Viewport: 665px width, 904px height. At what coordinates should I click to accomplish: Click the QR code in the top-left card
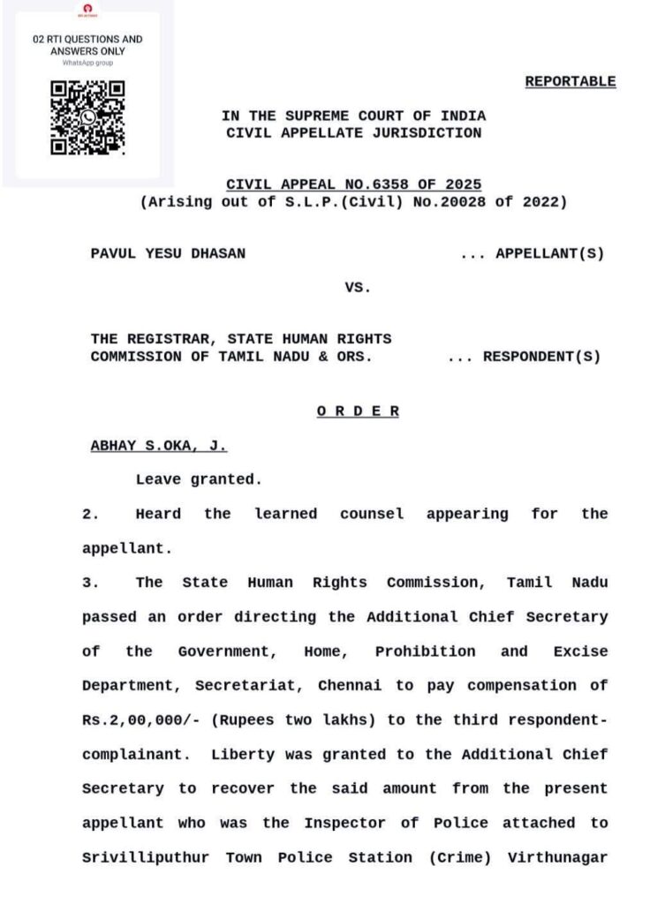pos(87,118)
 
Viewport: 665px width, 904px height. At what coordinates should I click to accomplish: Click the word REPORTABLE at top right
pos(571,81)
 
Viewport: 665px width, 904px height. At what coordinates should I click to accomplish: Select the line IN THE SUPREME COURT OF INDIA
pos(353,117)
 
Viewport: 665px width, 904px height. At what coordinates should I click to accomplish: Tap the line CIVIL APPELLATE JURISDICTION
pos(353,133)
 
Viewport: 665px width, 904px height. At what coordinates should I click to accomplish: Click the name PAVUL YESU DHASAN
pos(169,253)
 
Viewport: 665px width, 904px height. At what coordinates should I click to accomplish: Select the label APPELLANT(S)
pos(550,253)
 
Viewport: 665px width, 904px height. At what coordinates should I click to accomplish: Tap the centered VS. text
pos(358,287)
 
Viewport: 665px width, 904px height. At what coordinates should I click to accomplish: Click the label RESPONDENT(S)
pos(541,357)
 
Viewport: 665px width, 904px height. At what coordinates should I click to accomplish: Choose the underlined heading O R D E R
pos(358,411)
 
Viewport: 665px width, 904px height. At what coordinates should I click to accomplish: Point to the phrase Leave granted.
pos(199,480)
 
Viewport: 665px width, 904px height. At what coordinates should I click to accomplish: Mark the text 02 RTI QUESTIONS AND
pos(87,40)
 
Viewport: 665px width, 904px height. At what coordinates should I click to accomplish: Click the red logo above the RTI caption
pos(87,8)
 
